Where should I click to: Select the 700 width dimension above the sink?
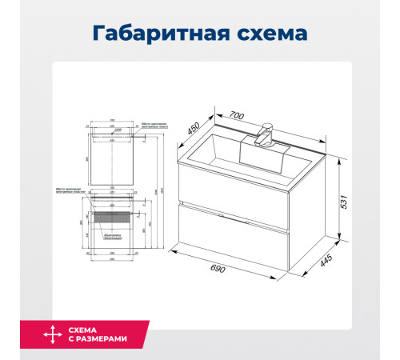coord(237,115)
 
